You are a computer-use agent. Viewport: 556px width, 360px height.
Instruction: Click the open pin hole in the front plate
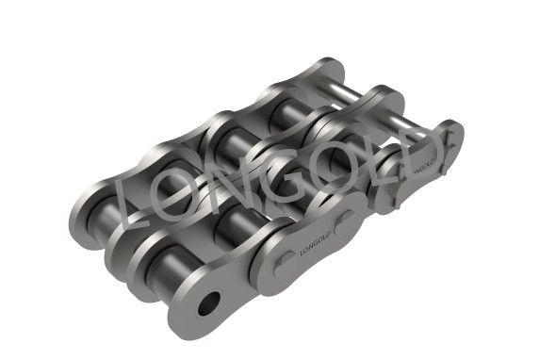point(209,303)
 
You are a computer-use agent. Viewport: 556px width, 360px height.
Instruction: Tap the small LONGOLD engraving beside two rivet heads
point(316,243)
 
